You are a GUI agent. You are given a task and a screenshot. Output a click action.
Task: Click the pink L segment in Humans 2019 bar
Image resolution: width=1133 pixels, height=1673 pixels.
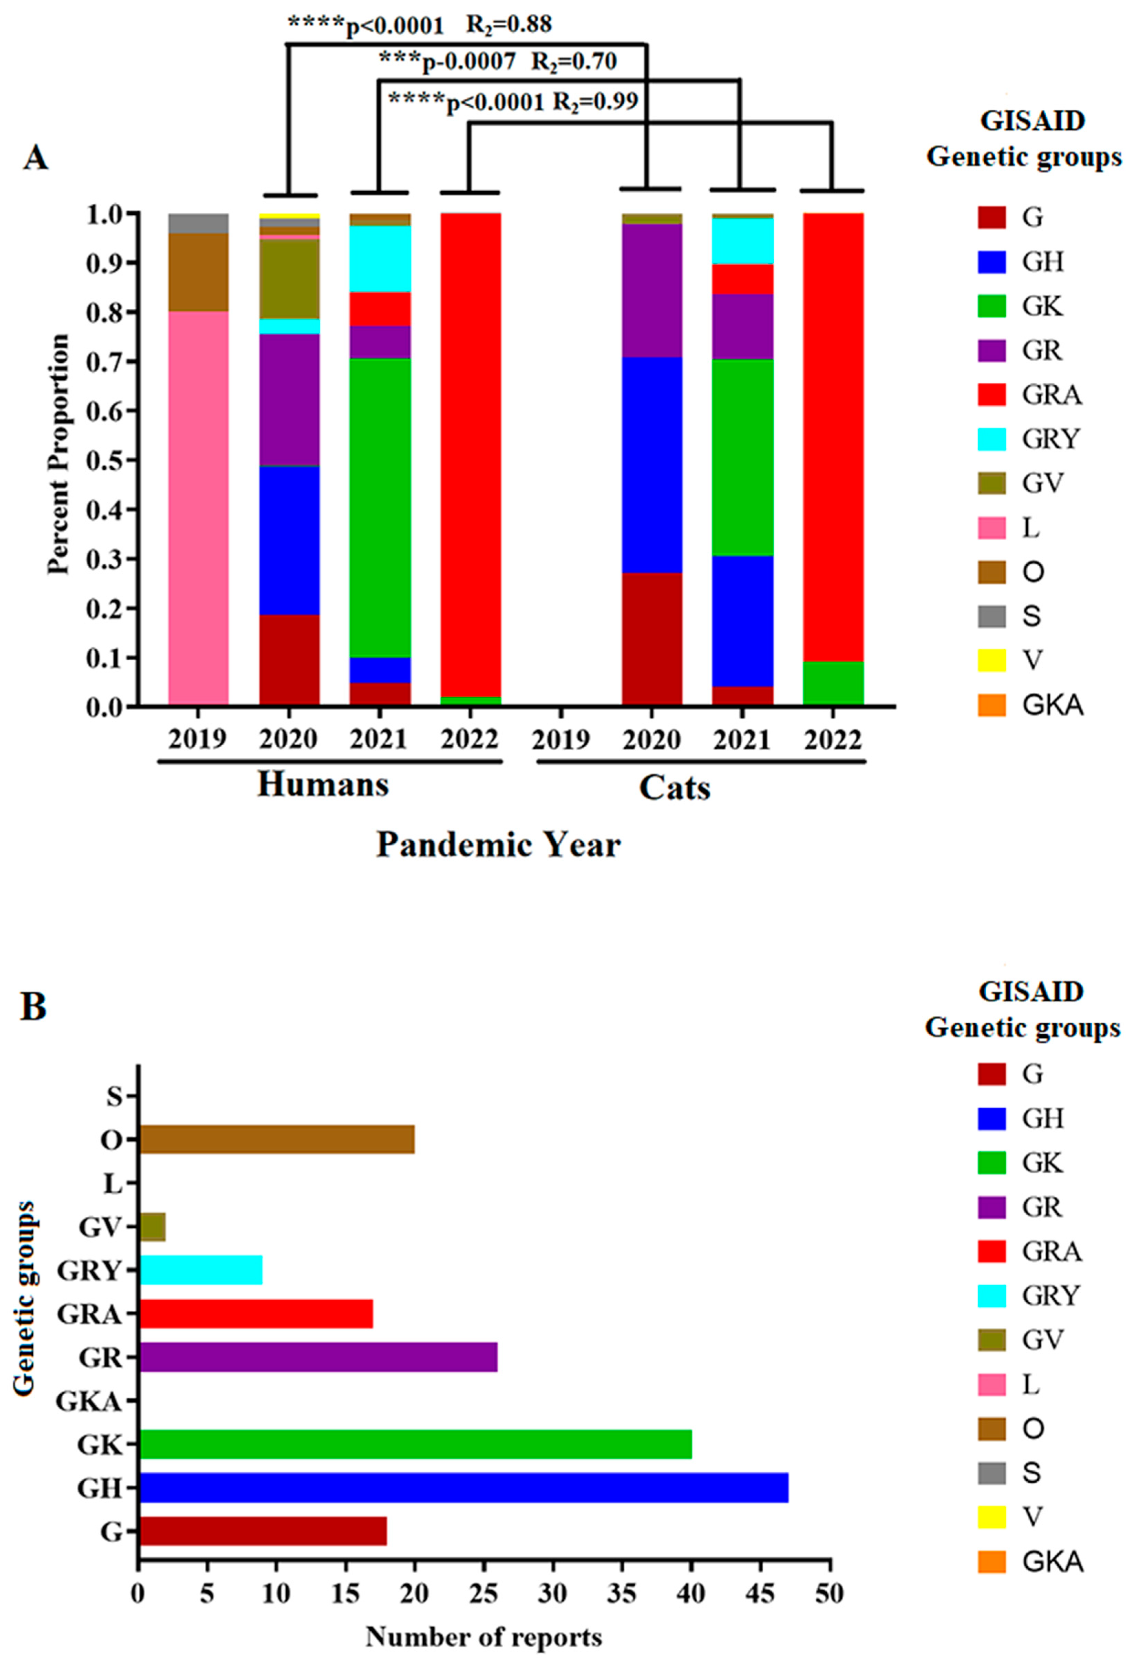tap(199, 508)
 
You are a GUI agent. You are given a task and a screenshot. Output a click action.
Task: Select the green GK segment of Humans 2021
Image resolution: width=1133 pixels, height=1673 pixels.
tap(380, 508)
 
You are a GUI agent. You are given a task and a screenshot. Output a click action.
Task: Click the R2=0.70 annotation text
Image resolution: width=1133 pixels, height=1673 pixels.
tap(574, 62)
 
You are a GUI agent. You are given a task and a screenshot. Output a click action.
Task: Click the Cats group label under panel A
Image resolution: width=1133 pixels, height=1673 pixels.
tap(675, 788)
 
